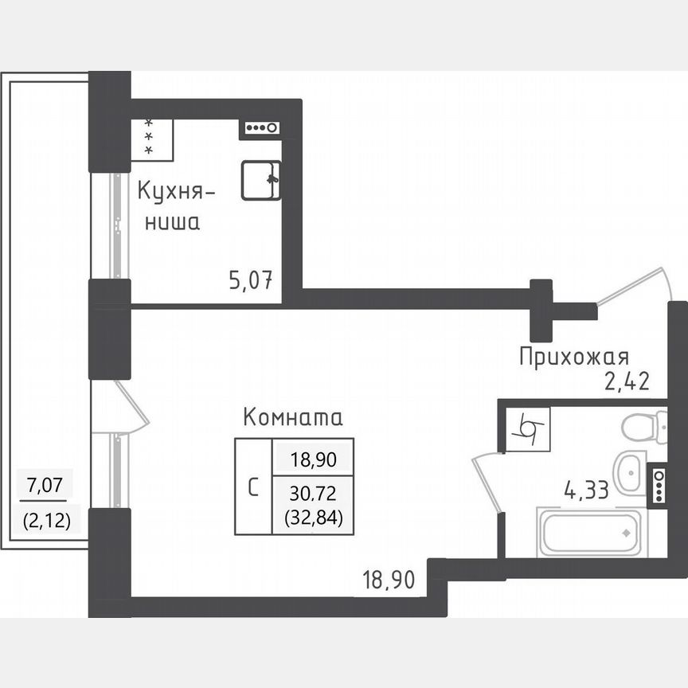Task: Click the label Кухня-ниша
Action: [176, 206]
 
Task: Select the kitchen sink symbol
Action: [261, 180]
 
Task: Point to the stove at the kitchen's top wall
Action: [260, 127]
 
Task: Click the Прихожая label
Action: [574, 356]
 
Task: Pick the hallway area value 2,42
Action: [627, 381]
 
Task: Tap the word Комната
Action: [292, 417]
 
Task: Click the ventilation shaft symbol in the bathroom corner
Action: [526, 431]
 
